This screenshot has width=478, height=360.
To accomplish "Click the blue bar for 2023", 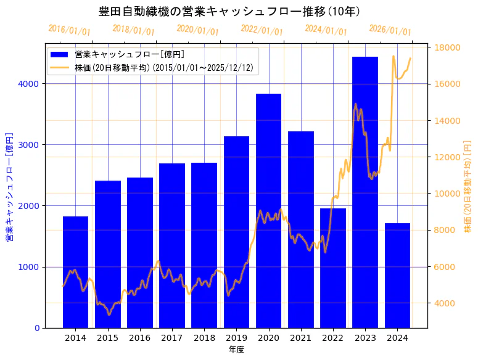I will [x=365, y=192].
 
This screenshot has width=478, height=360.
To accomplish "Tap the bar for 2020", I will [x=268, y=210].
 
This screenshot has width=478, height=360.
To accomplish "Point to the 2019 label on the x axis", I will [x=236, y=338].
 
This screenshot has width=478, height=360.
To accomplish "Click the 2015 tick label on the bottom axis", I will [x=107, y=338].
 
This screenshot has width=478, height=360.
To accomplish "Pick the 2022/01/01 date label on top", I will [x=262, y=30].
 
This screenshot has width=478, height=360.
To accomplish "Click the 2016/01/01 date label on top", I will [x=69, y=30].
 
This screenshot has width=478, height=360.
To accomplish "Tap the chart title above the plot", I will [x=229, y=11].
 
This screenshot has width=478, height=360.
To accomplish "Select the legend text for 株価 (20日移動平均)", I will [x=163, y=68].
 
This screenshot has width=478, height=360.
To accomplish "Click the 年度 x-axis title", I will [x=236, y=350].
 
